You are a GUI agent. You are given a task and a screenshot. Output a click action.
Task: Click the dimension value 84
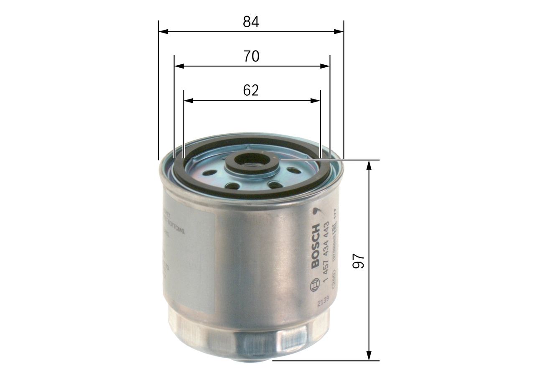[251, 22]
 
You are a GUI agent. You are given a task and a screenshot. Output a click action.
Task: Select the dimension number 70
[251, 56]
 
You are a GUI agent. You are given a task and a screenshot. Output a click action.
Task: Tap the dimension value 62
[251, 90]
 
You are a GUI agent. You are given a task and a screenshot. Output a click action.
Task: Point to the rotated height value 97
[359, 261]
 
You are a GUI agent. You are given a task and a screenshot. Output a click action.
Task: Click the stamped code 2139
[323, 298]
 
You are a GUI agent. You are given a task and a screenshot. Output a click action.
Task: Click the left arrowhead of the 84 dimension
[163, 31]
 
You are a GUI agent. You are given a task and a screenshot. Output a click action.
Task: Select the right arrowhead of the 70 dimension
[325, 66]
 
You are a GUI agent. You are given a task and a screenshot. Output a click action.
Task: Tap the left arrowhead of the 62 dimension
[189, 100]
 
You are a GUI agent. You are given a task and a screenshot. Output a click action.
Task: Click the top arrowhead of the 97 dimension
[369, 165]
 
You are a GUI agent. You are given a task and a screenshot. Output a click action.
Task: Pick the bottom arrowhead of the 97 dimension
[369, 356]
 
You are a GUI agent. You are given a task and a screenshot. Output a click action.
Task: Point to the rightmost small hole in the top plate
[294, 171]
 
